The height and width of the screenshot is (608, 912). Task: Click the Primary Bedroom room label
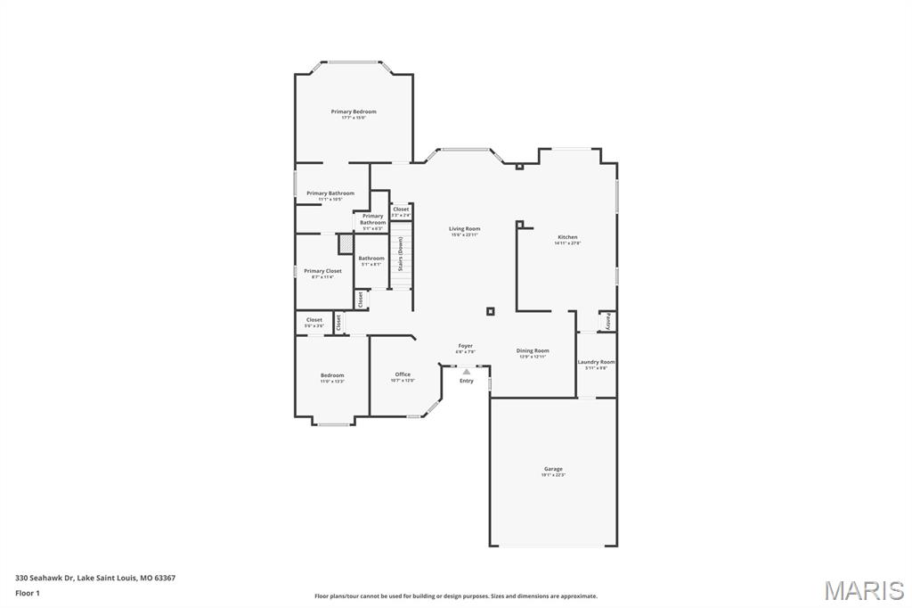(x=354, y=112)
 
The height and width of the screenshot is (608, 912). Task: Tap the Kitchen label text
(x=567, y=237)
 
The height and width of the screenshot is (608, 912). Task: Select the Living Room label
(x=464, y=229)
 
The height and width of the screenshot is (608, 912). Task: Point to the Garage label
(x=553, y=469)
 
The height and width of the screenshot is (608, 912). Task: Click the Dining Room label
(x=533, y=351)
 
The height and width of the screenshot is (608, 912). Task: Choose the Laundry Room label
(x=596, y=362)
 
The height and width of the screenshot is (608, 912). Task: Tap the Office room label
(x=403, y=374)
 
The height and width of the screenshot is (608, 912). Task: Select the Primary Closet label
(x=322, y=271)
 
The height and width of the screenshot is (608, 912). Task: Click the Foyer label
(x=466, y=346)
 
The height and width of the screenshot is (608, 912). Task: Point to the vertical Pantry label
(x=608, y=321)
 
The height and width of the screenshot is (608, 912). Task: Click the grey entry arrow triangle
(x=466, y=372)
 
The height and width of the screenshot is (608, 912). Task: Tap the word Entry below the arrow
(x=467, y=382)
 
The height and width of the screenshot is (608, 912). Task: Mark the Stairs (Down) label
(x=401, y=252)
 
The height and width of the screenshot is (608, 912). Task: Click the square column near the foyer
(x=490, y=311)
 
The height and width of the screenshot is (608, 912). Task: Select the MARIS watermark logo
(x=863, y=590)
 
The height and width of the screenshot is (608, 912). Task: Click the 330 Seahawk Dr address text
(x=95, y=578)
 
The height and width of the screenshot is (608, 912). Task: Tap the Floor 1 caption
(x=28, y=592)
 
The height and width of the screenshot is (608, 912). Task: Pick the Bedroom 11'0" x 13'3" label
(x=332, y=375)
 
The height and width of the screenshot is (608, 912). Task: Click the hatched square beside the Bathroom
(x=346, y=244)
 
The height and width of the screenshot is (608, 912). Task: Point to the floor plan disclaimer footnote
(x=455, y=596)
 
